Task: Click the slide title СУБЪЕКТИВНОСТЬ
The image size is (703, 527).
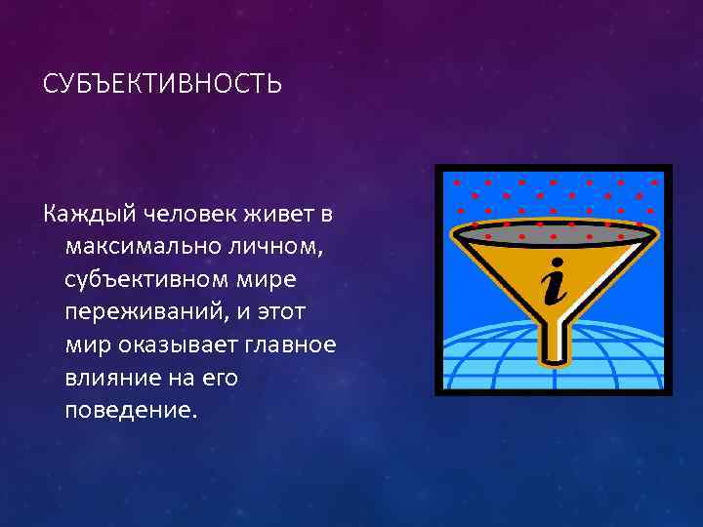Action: [162, 85]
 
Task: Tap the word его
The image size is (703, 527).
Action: [221, 378]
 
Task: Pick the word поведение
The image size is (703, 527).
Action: [130, 409]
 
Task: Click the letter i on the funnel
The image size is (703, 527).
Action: [554, 280]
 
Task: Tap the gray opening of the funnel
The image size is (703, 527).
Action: [553, 230]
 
